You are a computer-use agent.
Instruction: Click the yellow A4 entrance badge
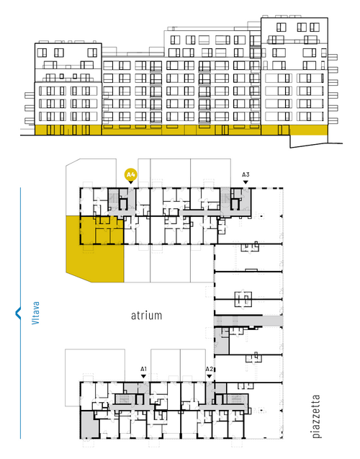(x=130, y=175)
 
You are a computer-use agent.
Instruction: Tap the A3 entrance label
(x=246, y=175)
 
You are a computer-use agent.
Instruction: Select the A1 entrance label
(x=143, y=369)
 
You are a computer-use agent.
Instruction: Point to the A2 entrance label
(x=209, y=369)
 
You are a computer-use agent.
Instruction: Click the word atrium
(x=146, y=316)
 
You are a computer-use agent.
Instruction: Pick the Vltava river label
(x=35, y=313)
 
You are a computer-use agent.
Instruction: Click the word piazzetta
(x=316, y=416)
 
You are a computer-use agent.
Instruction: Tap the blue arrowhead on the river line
(x=18, y=313)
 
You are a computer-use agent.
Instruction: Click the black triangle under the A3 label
(x=246, y=182)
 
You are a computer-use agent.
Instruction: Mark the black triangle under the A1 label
(x=143, y=376)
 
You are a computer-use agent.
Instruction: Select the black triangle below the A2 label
(x=209, y=376)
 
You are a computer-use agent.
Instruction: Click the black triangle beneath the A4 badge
(x=131, y=182)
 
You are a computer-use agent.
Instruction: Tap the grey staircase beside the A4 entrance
(x=114, y=200)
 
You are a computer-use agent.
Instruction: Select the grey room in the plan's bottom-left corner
(x=89, y=424)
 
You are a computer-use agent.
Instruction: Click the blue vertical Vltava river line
(x=20, y=313)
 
